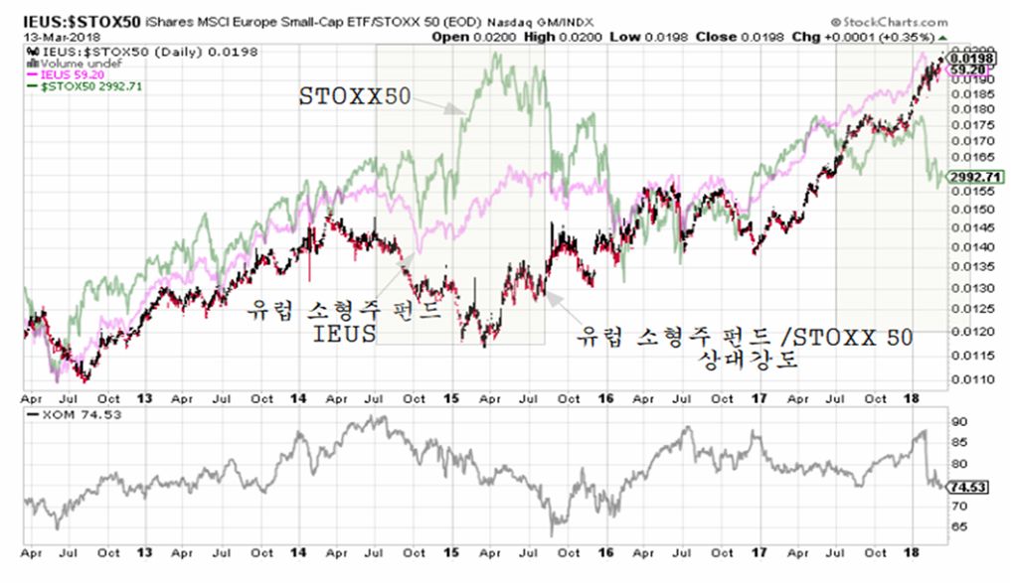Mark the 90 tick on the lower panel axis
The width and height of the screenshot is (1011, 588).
coord(957,423)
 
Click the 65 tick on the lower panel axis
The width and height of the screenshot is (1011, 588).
coord(957,527)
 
